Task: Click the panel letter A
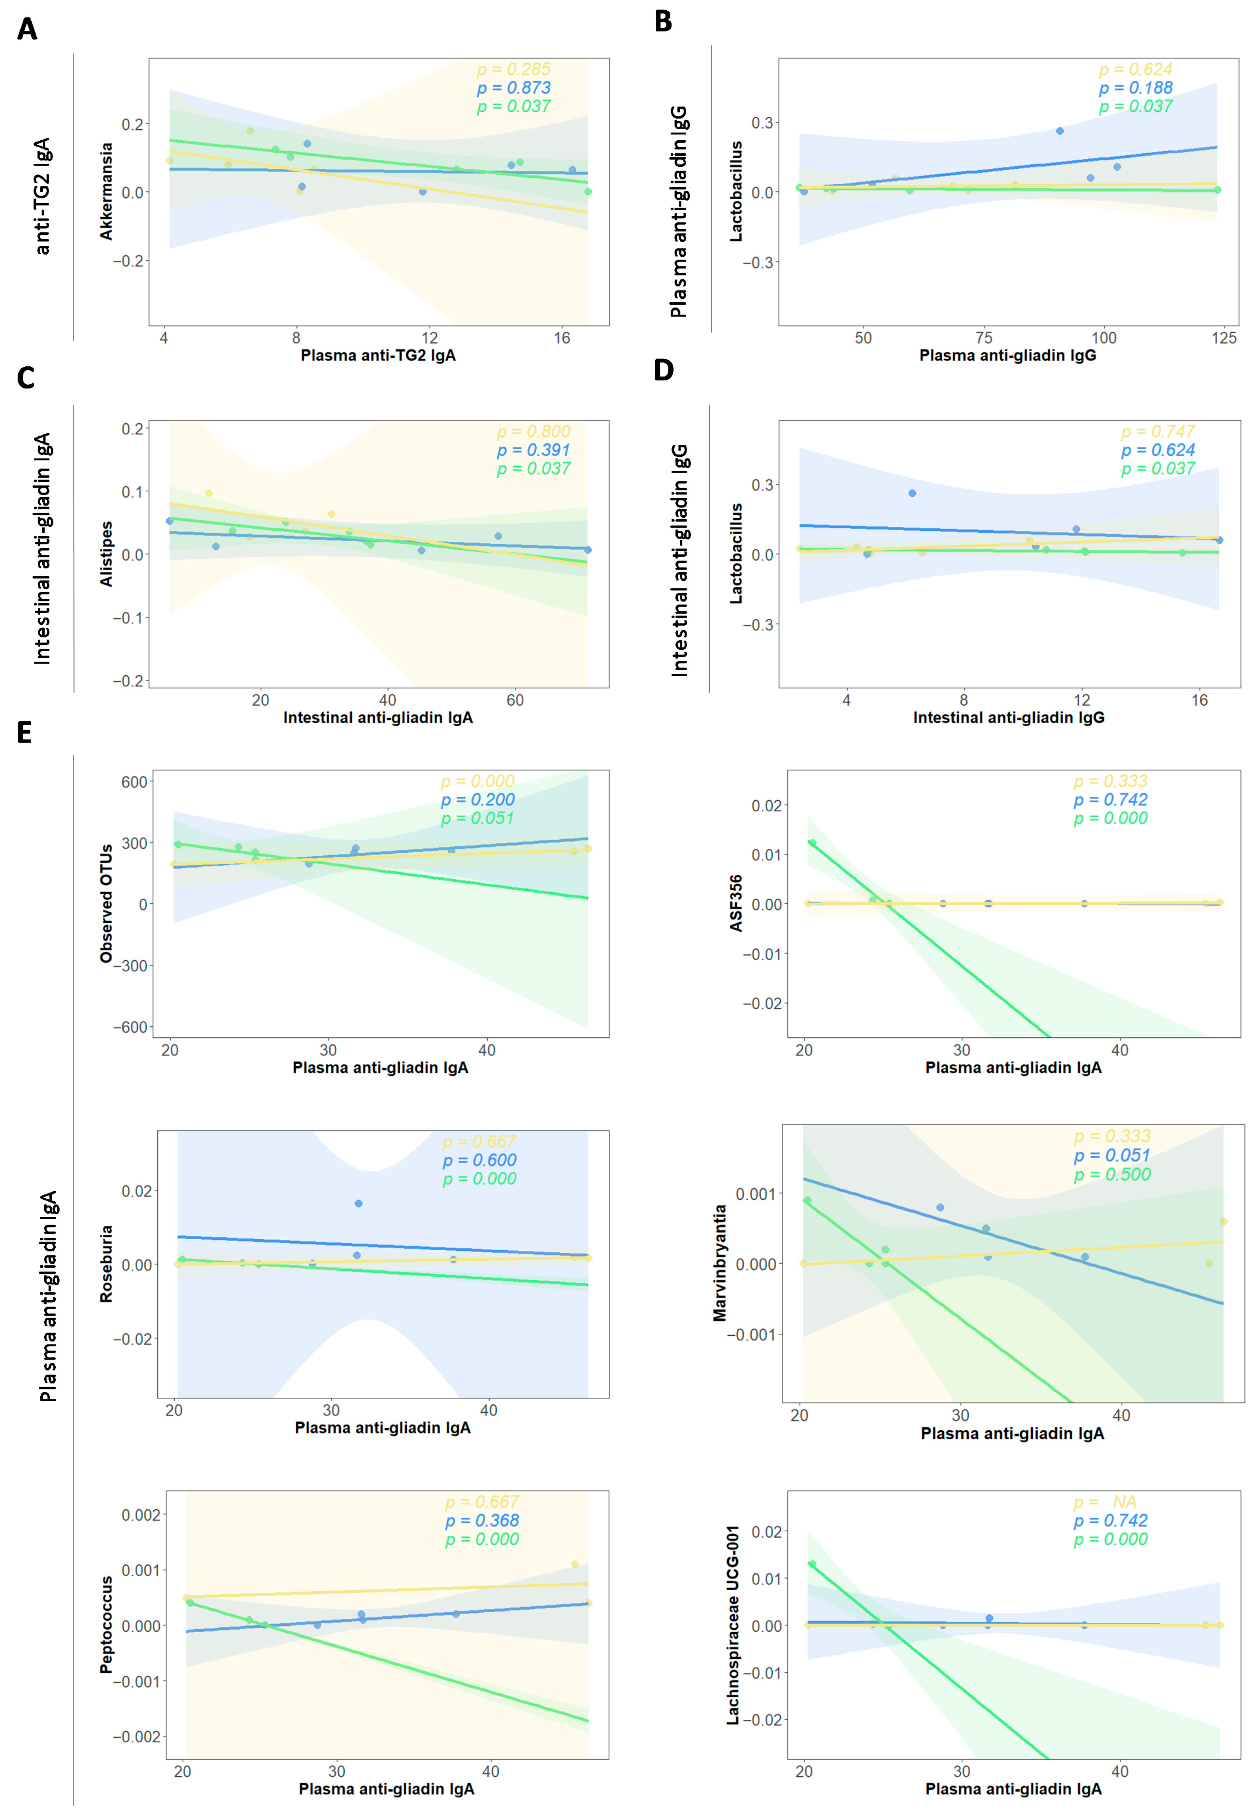(27, 29)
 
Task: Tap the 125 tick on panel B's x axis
(1224, 338)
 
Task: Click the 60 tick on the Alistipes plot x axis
(515, 700)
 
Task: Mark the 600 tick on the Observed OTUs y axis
(134, 782)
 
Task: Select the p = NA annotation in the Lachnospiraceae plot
(1105, 1502)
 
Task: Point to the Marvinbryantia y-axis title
(719, 1263)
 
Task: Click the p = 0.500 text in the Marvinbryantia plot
(1111, 1174)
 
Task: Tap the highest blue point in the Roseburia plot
(358, 1203)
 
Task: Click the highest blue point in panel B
(1060, 131)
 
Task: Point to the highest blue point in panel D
(912, 493)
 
